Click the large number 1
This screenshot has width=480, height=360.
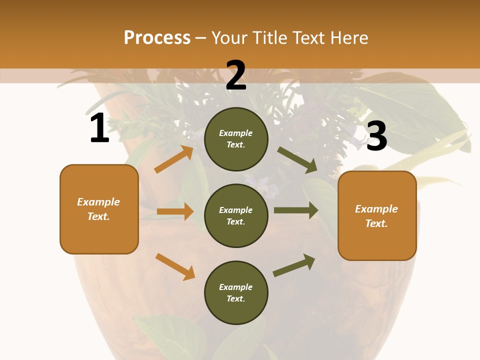[99, 128]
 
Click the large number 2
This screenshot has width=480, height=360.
[236, 75]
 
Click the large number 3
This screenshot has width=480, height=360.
[376, 136]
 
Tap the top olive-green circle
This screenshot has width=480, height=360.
[236, 139]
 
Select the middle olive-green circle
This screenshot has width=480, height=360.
[236, 215]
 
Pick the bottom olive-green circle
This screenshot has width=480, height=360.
[236, 292]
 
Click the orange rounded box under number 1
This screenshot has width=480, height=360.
[99, 209]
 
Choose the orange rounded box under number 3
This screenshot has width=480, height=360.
[377, 215]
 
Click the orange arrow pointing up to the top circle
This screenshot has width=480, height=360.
[174, 159]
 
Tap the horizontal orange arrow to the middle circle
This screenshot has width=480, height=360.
[175, 211]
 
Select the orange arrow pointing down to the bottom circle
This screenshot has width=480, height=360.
[175, 266]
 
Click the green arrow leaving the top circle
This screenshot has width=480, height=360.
[297, 160]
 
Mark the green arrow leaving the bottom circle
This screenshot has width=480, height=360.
[294, 265]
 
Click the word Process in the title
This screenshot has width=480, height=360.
[157, 37]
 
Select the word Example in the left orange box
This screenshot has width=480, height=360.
[98, 202]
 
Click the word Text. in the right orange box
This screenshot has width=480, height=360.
[376, 223]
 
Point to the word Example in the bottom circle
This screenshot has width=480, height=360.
[235, 287]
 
